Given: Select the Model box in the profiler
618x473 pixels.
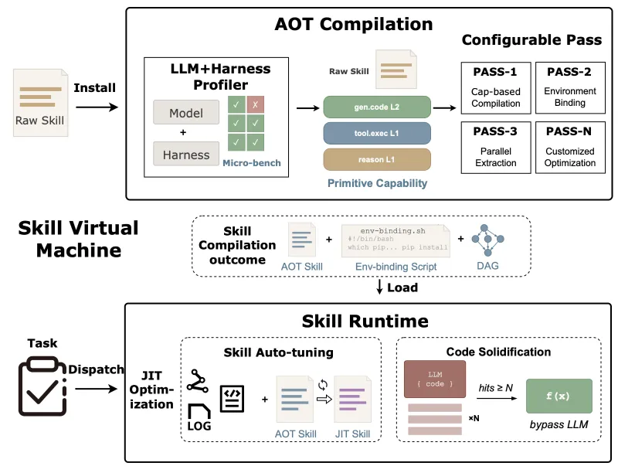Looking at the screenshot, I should [x=185, y=113].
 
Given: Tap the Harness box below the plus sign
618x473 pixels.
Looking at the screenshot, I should [x=185, y=155].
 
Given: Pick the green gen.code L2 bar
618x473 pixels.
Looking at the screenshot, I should [x=376, y=107].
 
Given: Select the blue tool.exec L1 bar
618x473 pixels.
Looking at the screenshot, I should [x=376, y=133].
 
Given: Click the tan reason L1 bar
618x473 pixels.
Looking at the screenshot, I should [x=376, y=159].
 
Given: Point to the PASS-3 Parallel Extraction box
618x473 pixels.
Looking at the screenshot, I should [x=495, y=146].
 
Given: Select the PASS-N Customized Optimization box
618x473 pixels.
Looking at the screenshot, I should [x=569, y=146].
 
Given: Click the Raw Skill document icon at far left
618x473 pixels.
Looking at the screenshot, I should [x=40, y=100].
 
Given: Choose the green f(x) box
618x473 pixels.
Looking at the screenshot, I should [x=558, y=396].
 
